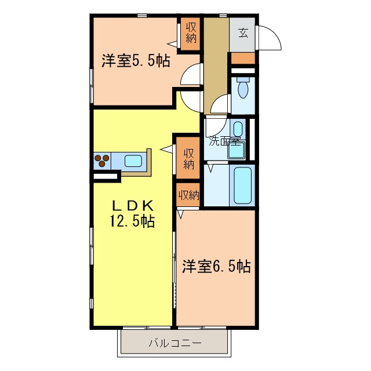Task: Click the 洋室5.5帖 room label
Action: pos(136,61)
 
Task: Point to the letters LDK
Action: pos(132,205)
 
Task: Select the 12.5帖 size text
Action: pos(132,221)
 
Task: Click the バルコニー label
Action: pos(175,343)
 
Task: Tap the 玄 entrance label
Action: pos(242,33)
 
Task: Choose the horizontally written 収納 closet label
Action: pos(189,195)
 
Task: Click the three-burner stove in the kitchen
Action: pos(103,161)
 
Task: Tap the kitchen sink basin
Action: pos(134,161)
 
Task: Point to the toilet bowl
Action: pos(242,88)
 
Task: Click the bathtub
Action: pos(242,185)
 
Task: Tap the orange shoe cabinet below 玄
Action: pos(243,58)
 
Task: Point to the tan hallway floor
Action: pos(216,64)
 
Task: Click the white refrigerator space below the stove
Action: pos(104,175)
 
